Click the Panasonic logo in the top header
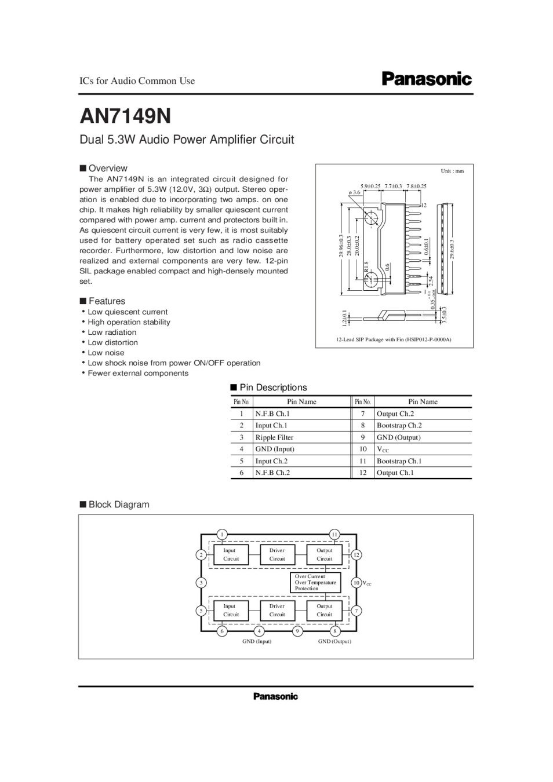427,79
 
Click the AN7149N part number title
125,116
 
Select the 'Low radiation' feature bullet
112,332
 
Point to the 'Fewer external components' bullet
138,374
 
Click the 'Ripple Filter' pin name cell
274,437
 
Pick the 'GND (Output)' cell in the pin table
398,437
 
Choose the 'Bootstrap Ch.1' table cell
399,461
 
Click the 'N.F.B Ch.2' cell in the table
272,473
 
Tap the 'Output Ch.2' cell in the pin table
395,414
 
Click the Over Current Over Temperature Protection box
315,583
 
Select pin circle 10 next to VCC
356,583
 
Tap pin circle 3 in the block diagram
201,583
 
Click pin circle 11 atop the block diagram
334,534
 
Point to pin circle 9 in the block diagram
297,631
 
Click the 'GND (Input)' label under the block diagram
257,642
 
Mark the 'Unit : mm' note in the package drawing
452,171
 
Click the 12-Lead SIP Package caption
393,339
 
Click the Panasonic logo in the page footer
275,696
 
